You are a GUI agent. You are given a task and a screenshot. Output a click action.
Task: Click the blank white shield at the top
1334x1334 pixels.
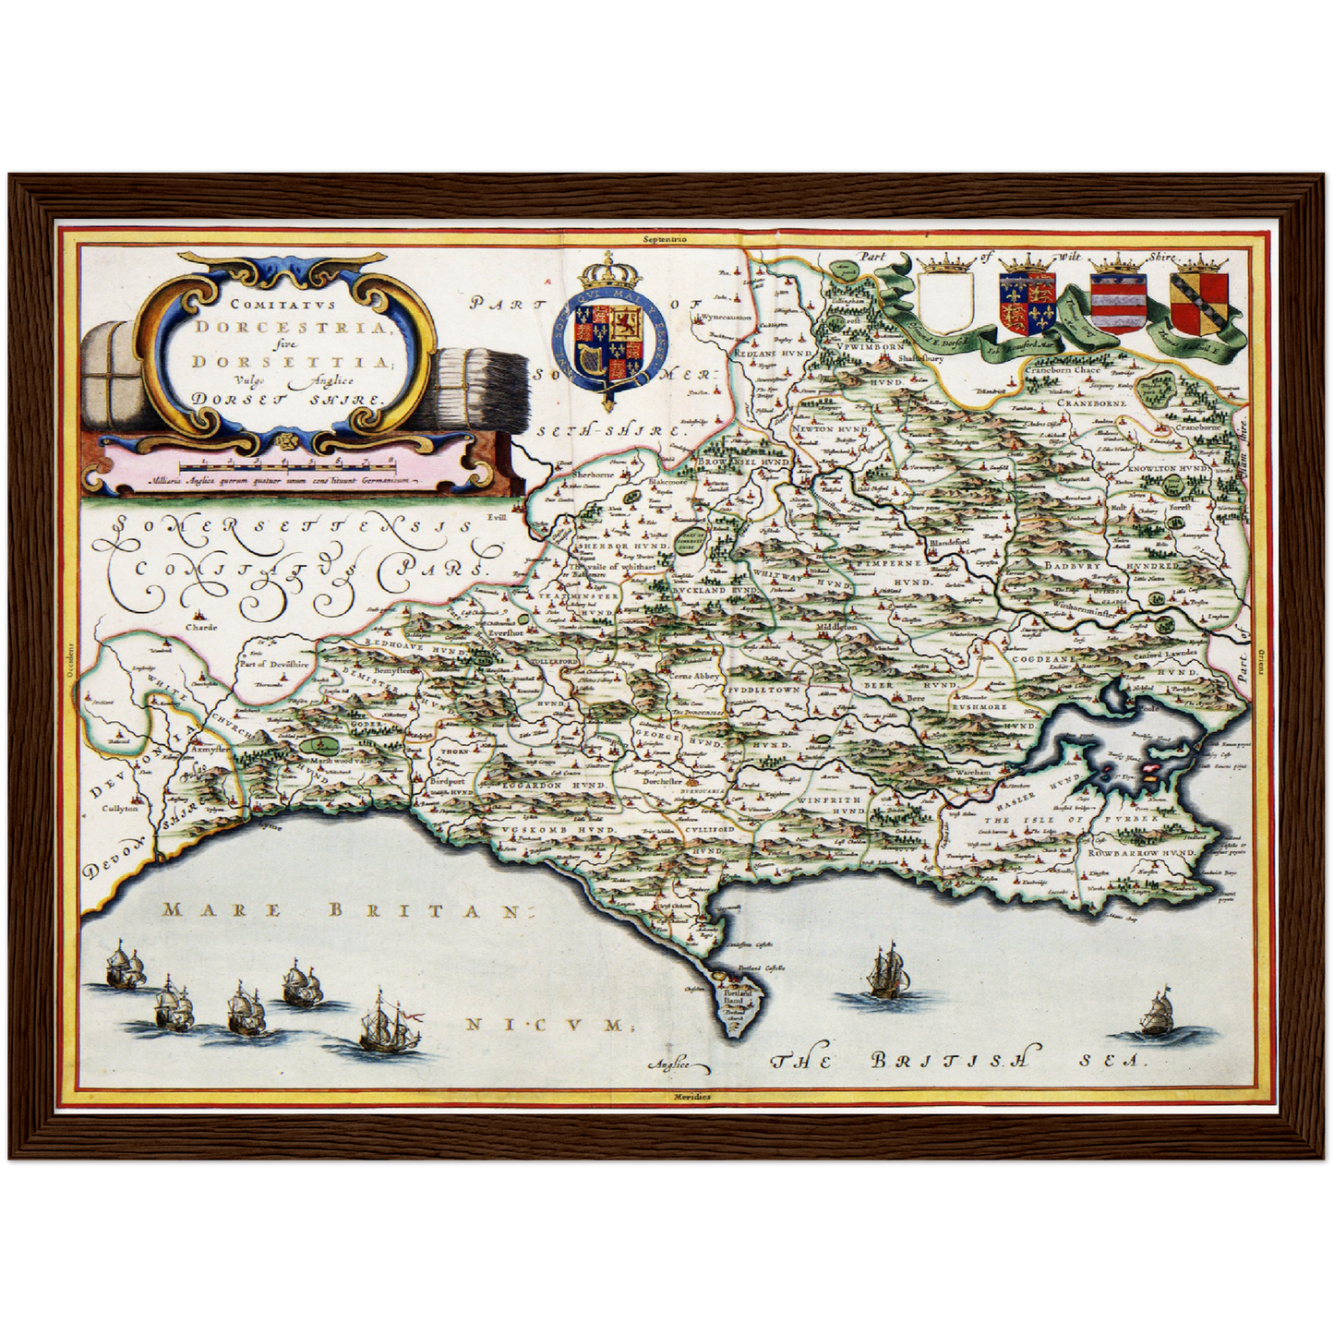tap(949, 302)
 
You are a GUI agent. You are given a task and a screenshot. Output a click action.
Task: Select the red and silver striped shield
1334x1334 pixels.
tap(1118, 303)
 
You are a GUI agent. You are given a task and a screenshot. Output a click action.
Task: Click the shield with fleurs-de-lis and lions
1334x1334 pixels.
tap(1028, 302)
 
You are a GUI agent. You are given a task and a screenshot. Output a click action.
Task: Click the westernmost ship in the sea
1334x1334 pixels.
tap(124, 966)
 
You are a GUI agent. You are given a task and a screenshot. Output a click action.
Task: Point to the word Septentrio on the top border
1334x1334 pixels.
tap(666, 237)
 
